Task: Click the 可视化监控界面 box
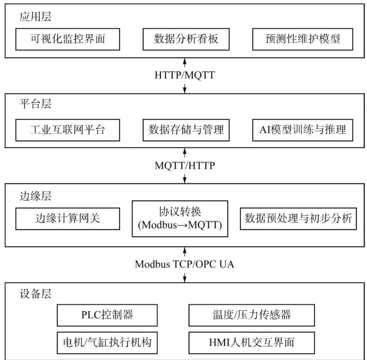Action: [x=67, y=39]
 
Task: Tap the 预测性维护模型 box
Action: [x=302, y=39]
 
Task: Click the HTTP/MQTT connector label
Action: [x=185, y=75]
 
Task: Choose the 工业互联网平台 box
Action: [x=67, y=130]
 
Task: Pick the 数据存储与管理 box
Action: [x=186, y=130]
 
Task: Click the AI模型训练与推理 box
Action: [x=302, y=130]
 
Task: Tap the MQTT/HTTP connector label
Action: [x=185, y=165]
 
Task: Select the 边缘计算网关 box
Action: [x=67, y=218]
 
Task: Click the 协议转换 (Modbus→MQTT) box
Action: [x=180, y=218]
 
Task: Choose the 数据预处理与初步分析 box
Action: [x=299, y=218]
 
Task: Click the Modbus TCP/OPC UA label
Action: [x=185, y=264]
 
